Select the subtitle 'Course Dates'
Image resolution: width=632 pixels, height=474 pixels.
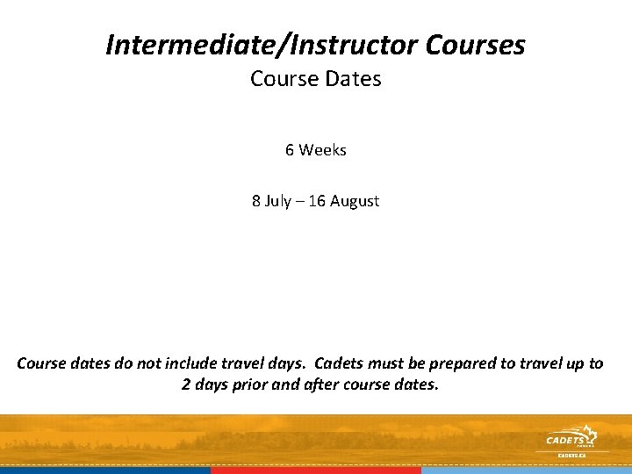click(x=316, y=79)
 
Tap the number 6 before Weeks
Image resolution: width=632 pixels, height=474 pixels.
click(x=290, y=150)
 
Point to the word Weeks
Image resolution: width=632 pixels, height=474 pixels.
click(x=323, y=150)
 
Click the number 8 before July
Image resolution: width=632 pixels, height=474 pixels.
click(x=256, y=201)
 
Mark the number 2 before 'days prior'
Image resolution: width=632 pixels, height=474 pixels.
click(x=186, y=384)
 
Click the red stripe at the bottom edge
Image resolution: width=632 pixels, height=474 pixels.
click(x=316, y=470)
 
